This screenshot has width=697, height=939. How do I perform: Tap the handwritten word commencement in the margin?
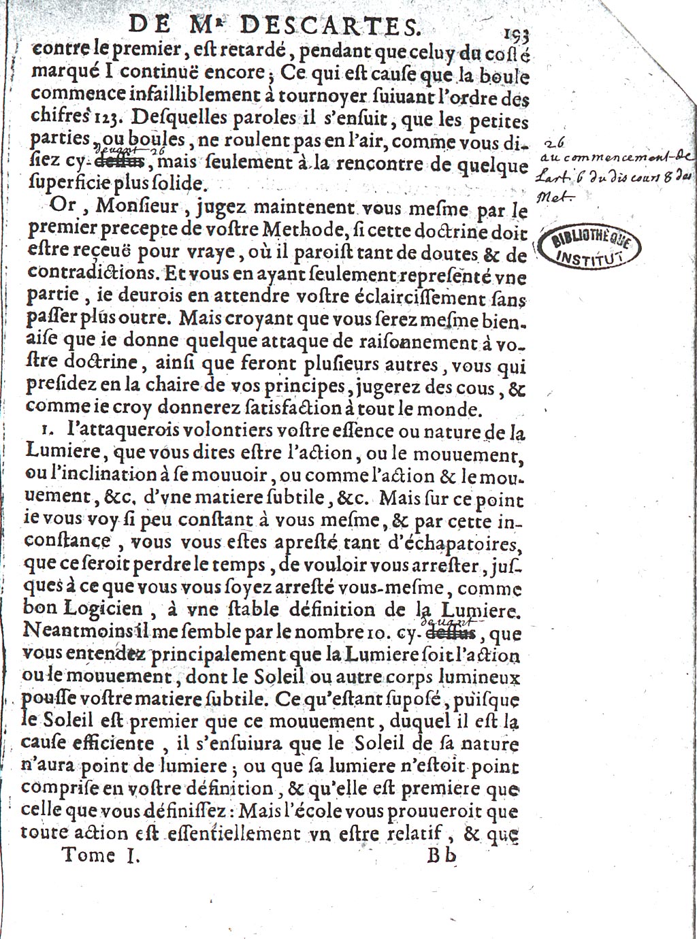coord(606,161)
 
